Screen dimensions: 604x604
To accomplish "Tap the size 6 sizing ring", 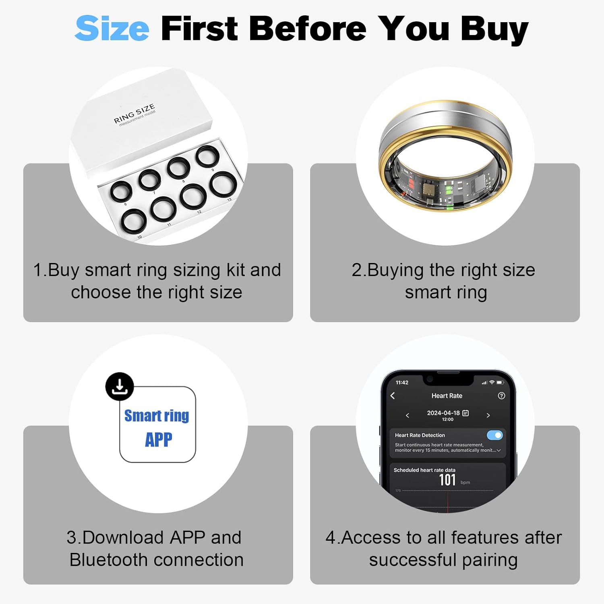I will (121, 191).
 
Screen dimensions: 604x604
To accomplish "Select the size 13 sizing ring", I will (223, 184).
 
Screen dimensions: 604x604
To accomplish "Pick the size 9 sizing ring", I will (208, 157).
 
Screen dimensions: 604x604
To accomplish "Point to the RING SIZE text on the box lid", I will (134, 114).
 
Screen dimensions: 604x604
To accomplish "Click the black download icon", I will (120, 387).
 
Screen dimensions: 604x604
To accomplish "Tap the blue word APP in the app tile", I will (158, 439).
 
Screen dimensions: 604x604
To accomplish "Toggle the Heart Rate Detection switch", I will (494, 435).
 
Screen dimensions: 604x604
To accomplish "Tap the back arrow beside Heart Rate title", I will (393, 396).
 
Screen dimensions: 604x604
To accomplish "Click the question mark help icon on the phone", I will (501, 396).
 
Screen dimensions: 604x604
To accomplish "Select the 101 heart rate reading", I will (447, 480).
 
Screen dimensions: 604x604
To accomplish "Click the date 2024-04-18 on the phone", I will (443, 413).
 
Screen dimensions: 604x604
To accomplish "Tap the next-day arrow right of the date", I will (488, 415).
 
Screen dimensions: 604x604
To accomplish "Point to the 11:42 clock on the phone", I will (402, 383).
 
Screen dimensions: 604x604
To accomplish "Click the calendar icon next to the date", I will (465, 413).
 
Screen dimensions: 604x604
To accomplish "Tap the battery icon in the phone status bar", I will (500, 383).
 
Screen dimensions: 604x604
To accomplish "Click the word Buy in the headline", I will (494, 29).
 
